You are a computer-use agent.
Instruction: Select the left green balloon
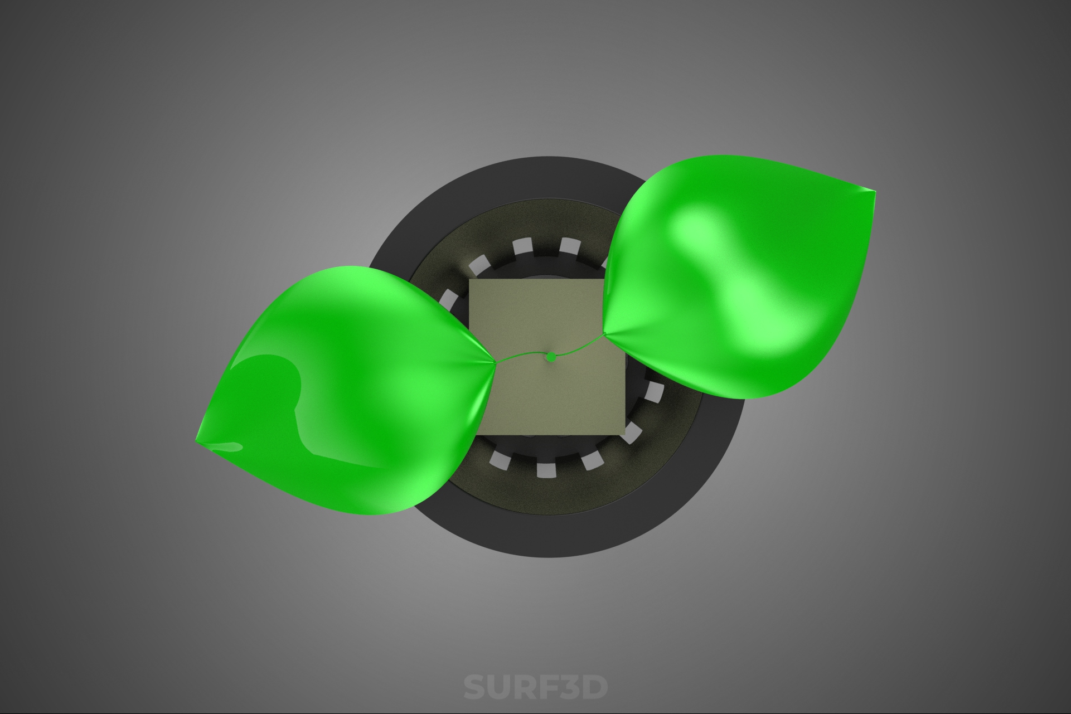tap(346, 385)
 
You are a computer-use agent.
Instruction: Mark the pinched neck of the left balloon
tap(493, 363)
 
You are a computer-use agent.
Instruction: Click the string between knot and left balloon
tap(521, 357)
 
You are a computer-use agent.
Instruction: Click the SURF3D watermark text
tap(536, 687)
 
